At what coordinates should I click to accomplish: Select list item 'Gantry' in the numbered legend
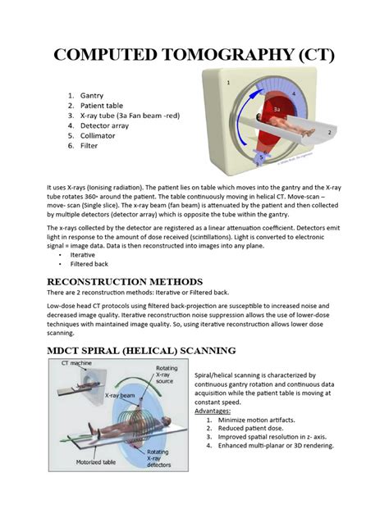pos(92,95)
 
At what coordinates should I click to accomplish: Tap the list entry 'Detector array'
pos(104,125)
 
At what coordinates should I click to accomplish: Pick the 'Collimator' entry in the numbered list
pos(98,136)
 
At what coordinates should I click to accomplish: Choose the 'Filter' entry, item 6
pos(89,146)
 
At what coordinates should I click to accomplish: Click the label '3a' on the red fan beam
pos(277,109)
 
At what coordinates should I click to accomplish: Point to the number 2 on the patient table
pos(329,133)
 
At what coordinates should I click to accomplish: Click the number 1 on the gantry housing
pos(228,83)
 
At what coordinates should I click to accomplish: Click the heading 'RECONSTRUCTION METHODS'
pos(125,282)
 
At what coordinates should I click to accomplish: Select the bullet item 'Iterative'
pos(82,255)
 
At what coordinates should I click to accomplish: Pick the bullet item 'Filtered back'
pos(89,264)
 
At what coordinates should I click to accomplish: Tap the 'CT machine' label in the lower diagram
pos(76,363)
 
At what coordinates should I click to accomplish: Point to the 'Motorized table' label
pos(96,462)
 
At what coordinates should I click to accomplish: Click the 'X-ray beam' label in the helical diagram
pos(120,395)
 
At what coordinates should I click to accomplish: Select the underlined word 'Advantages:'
pos(213,411)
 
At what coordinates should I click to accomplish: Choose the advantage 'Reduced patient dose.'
pos(251,429)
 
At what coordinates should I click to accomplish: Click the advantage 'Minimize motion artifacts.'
pos(256,420)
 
